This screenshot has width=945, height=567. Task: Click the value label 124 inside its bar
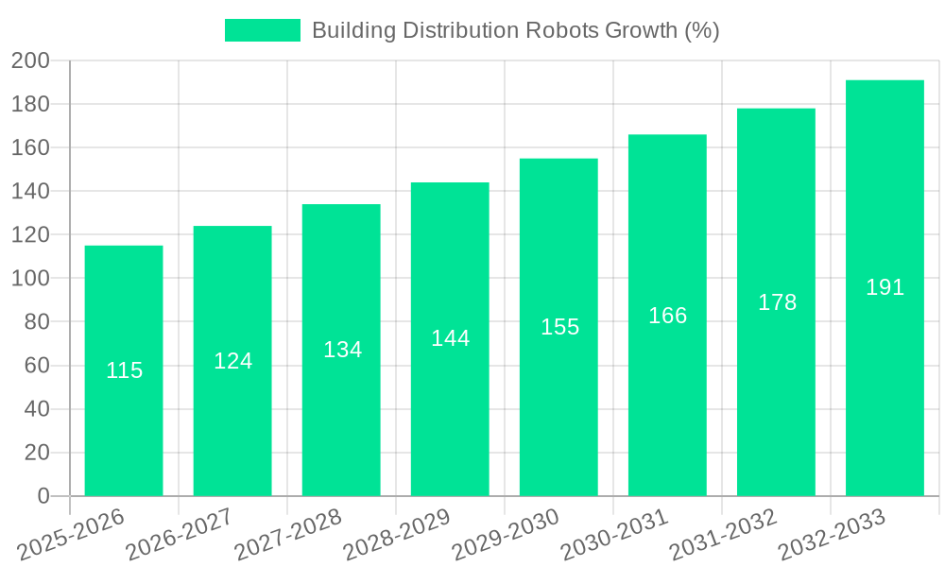coord(232,361)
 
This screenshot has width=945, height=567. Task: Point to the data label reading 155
coord(559,327)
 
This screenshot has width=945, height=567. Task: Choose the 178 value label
coord(777,302)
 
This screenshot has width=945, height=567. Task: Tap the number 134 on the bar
coord(342,350)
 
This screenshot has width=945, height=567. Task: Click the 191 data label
coord(885,287)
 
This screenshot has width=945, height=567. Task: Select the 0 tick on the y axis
coord(43,496)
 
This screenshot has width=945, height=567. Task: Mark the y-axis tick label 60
coord(36,366)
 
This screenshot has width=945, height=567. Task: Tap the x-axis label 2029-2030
coord(505,534)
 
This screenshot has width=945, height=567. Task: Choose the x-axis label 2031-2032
coord(722,534)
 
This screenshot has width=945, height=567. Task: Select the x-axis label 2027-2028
coord(288,534)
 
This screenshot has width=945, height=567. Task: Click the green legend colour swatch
coord(262,30)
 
